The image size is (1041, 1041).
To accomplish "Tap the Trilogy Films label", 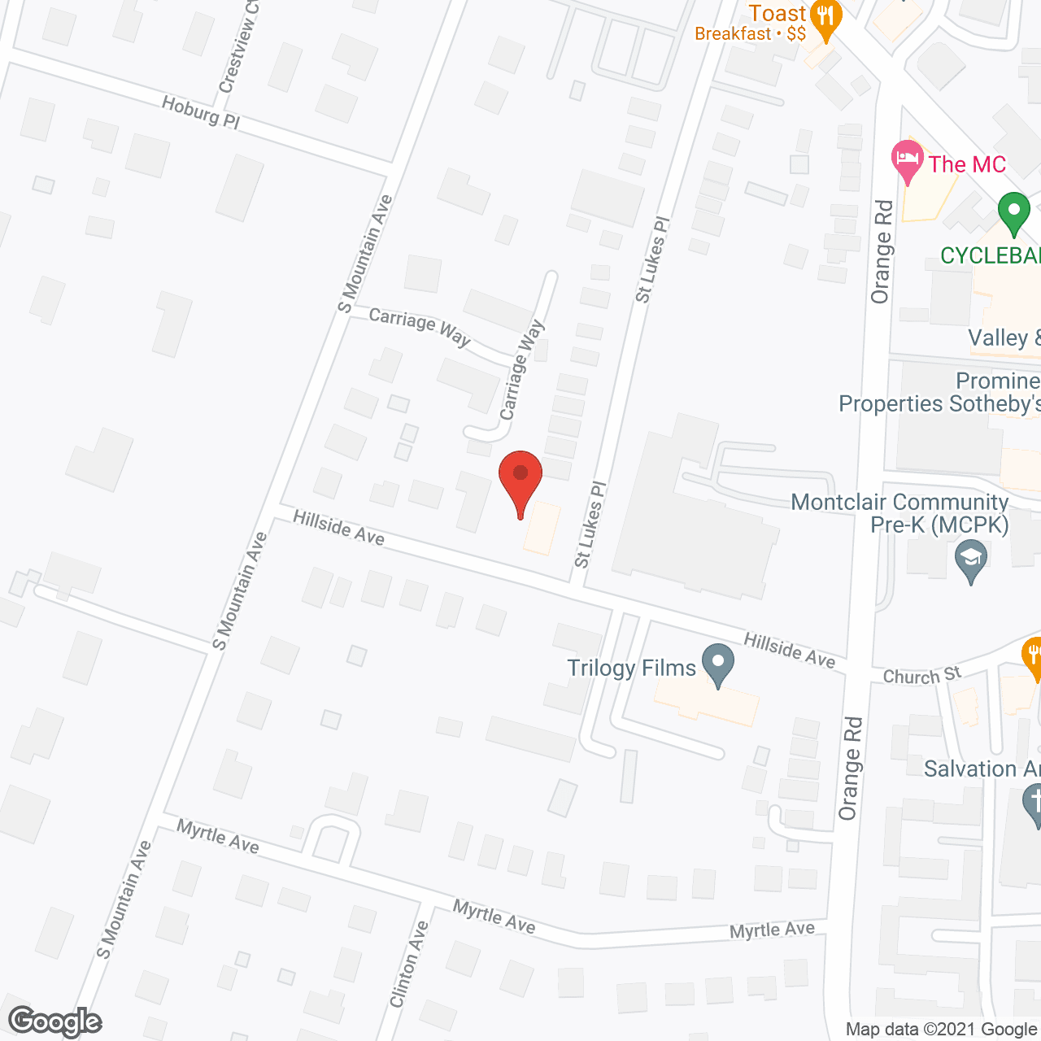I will click(631, 669).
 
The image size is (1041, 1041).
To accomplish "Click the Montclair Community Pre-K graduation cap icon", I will click(971, 560).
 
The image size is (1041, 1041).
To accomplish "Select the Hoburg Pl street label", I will click(200, 112).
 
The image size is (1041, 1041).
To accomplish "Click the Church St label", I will click(921, 676).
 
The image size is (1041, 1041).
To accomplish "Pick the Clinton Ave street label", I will click(409, 965).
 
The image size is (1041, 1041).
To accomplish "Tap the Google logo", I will click(55, 1021).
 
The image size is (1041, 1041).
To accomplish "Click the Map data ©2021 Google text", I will click(941, 1030).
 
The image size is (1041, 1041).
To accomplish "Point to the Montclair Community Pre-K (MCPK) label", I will click(899, 513).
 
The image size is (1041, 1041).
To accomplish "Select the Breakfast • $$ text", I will click(750, 34).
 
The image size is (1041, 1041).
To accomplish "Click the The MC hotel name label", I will click(967, 164).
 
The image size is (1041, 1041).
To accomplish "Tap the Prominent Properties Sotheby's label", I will click(939, 393).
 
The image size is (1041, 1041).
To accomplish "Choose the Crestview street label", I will click(239, 47).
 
